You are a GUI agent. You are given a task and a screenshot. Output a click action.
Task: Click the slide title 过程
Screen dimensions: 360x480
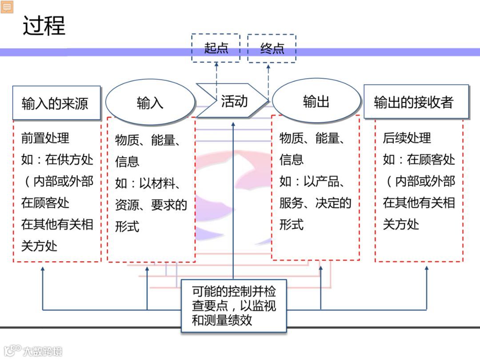point(44,26)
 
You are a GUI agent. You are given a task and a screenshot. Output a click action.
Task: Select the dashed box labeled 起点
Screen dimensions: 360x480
point(216,48)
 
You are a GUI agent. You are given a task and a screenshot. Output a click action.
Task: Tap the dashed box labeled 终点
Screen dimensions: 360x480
point(272,48)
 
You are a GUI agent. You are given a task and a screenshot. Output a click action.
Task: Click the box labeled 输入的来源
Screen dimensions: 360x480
point(56,103)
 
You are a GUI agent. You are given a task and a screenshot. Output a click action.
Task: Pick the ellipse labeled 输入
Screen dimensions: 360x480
point(150,103)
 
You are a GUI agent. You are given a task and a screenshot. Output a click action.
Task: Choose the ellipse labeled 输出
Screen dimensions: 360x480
point(316,101)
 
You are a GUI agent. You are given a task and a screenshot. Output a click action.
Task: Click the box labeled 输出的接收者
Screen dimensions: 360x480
point(416,102)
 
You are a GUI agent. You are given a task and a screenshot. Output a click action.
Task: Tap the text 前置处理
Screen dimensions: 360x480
point(45,138)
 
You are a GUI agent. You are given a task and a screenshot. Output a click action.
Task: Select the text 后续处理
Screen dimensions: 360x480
point(407,138)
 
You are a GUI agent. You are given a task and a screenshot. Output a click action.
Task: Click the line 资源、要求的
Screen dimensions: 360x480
point(151,205)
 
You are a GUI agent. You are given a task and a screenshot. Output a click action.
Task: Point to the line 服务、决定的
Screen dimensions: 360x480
point(315,203)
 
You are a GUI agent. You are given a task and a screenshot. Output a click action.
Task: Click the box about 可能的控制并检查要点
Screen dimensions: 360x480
point(234,306)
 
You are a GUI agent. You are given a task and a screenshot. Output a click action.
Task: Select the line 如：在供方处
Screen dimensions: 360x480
point(57,160)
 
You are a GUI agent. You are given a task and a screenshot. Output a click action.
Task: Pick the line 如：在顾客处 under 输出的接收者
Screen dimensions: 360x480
point(419,160)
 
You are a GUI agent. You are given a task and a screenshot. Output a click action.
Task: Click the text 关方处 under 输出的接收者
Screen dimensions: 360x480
point(401,224)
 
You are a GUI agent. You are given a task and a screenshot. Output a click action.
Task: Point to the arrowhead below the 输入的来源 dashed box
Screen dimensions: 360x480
point(43,269)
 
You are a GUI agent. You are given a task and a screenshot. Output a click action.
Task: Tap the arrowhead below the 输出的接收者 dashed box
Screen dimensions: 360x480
point(427,269)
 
